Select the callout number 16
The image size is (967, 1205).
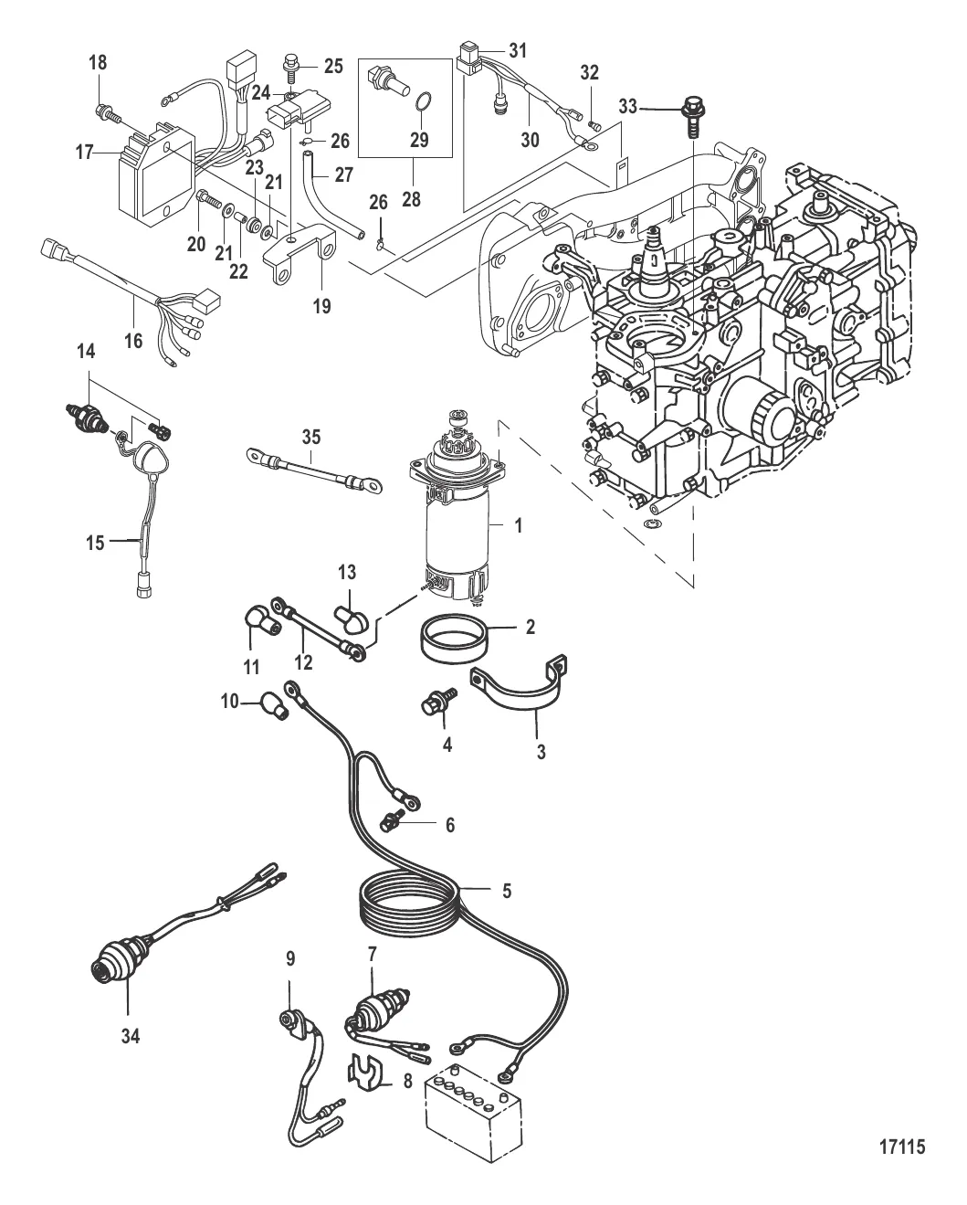click(134, 340)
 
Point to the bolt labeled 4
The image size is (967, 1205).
click(430, 708)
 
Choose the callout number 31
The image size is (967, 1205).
click(517, 51)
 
